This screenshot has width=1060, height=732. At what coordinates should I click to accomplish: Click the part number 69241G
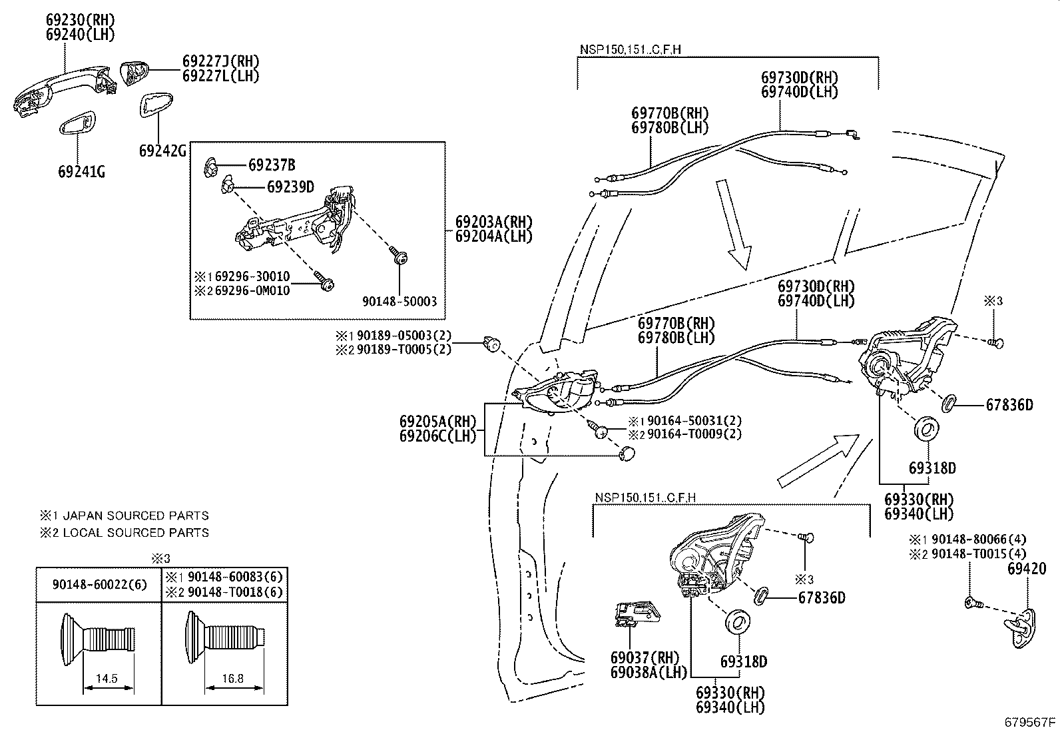coord(81,172)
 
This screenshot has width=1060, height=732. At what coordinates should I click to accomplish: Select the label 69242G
coord(162,151)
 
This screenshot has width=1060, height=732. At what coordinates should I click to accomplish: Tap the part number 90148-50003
coord(399,302)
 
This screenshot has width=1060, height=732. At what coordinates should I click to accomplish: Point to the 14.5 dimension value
coord(107,679)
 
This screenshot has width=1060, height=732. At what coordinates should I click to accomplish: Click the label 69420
coord(1026,569)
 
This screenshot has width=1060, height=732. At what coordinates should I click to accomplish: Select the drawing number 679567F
coord(1030,722)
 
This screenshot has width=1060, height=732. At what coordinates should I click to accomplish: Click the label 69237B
coord(272,165)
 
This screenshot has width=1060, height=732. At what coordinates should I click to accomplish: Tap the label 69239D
coord(290,186)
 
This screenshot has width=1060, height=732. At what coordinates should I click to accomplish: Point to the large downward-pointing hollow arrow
coord(738,225)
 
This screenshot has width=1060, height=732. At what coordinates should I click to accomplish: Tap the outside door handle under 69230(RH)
coord(63,88)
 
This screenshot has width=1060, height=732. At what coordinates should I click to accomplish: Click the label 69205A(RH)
coord(438,422)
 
